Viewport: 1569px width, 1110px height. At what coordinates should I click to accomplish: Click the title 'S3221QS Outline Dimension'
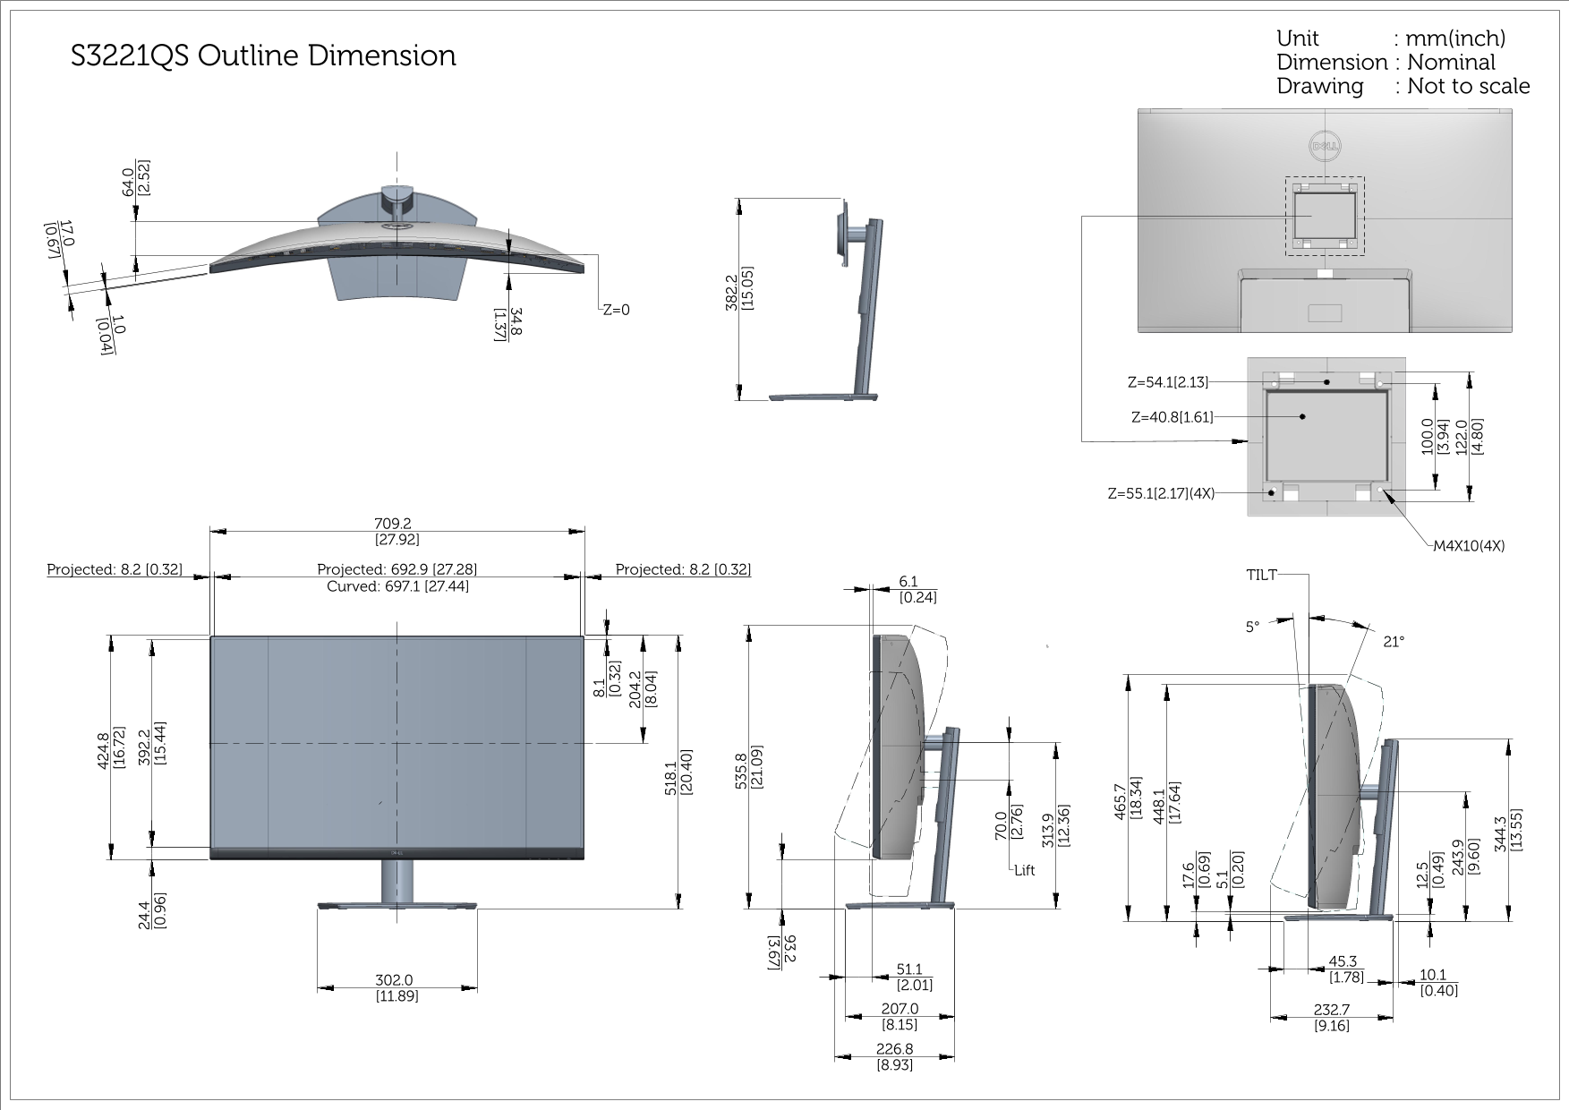tap(263, 56)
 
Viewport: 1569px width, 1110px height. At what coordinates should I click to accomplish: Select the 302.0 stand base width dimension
tap(394, 980)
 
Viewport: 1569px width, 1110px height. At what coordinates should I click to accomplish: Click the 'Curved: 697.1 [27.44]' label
tap(397, 586)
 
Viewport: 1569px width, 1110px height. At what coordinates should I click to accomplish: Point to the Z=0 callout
tap(616, 310)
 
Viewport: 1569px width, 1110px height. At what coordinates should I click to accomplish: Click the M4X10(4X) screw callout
tap(1469, 546)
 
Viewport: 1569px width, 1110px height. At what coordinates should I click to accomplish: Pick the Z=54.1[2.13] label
tap(1167, 382)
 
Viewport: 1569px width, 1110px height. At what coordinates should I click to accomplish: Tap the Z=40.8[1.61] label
tap(1172, 417)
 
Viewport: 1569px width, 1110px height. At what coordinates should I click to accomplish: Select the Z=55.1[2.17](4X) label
tap(1161, 493)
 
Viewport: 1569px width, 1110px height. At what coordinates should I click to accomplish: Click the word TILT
tap(1261, 575)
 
